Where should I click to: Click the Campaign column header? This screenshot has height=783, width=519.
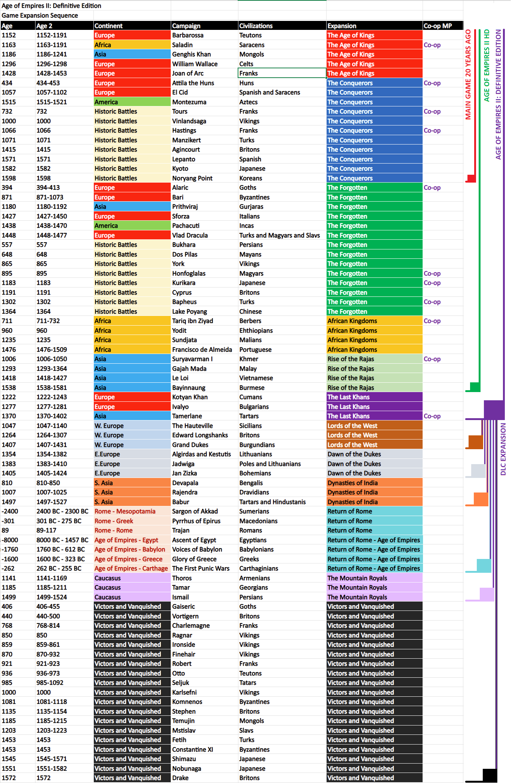point(186,26)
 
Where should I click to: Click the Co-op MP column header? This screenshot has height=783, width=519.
point(438,26)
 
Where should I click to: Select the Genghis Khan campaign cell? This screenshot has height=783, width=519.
point(191,54)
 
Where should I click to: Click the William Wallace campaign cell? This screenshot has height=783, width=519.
point(195,64)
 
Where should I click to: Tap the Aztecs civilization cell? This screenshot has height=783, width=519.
point(248,102)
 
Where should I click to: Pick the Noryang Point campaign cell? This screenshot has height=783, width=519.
point(192,178)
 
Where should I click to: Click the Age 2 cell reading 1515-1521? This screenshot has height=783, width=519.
point(52,102)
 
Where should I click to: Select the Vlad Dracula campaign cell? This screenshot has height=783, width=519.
point(190,235)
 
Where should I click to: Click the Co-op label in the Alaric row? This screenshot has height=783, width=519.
point(432,187)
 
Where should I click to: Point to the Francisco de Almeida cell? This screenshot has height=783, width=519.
point(202,349)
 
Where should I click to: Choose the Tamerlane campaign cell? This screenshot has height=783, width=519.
point(187,416)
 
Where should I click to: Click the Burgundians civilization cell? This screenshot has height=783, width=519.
point(257,445)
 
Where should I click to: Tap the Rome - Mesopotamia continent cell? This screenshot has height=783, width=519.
point(125,511)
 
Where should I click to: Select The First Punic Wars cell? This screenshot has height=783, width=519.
point(201,568)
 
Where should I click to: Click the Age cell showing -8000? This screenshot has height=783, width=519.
point(10,540)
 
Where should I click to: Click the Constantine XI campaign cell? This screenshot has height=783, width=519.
point(192,749)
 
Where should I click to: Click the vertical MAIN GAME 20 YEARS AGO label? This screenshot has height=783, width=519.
point(468,75)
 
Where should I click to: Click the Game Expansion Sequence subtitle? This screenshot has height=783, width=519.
point(40,15)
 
